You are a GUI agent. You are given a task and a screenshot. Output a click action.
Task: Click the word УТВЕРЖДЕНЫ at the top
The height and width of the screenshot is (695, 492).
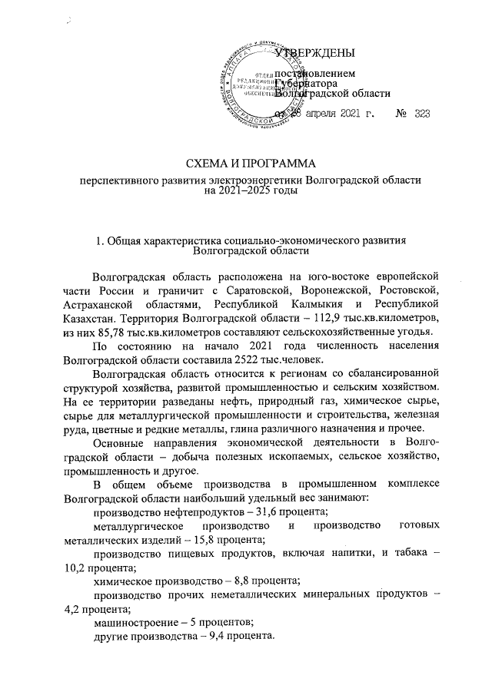click(x=315, y=53)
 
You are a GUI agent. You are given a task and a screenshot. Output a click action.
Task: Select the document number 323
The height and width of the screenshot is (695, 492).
click(x=421, y=114)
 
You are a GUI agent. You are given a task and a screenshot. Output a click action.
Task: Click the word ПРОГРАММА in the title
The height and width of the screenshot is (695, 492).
click(x=275, y=163)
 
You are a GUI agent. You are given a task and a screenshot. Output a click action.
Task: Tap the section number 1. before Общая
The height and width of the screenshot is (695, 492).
click(x=99, y=242)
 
